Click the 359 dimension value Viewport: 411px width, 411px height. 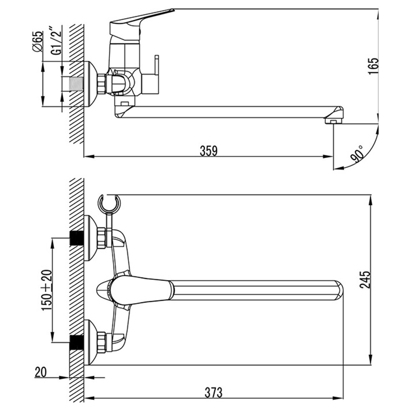coord(209,151)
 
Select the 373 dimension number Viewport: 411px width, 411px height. coord(213,392)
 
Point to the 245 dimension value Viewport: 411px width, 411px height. coord(366,280)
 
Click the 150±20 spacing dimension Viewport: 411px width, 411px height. coord(47,290)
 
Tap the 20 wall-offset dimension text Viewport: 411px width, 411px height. coord(41,372)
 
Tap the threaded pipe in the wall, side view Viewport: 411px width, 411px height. coord(77,84)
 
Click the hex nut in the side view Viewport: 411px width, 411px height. coord(102,83)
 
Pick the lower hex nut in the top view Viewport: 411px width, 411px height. coord(101,342)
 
